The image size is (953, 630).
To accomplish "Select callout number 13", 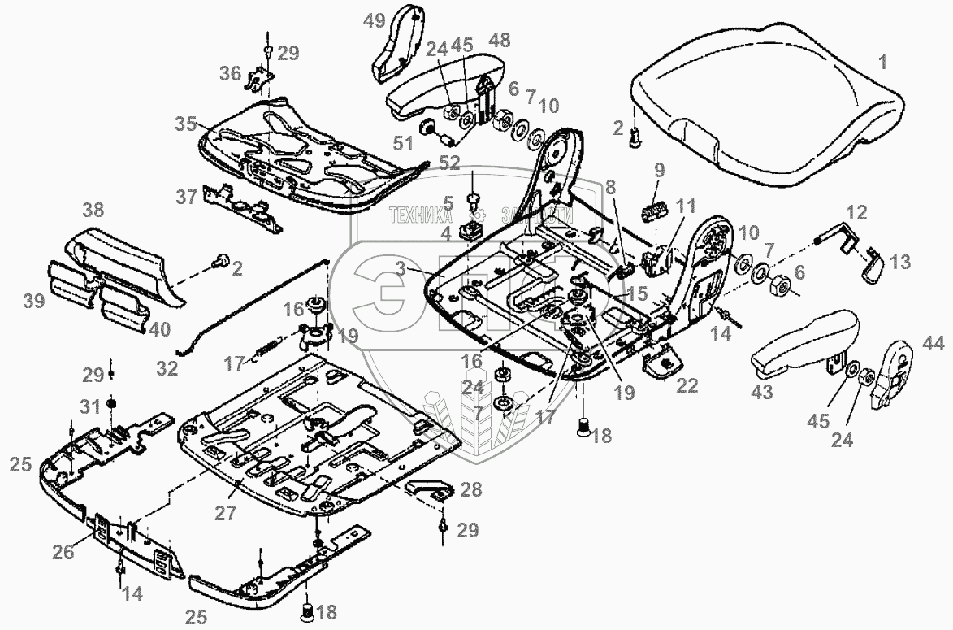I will [x=899, y=263].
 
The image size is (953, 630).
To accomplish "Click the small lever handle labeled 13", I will [x=874, y=267].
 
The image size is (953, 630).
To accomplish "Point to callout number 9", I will [x=659, y=170].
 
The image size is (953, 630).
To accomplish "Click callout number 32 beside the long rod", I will [x=167, y=368].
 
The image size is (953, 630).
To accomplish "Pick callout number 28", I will [x=470, y=489].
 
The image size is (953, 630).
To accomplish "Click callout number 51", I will [x=404, y=143].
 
